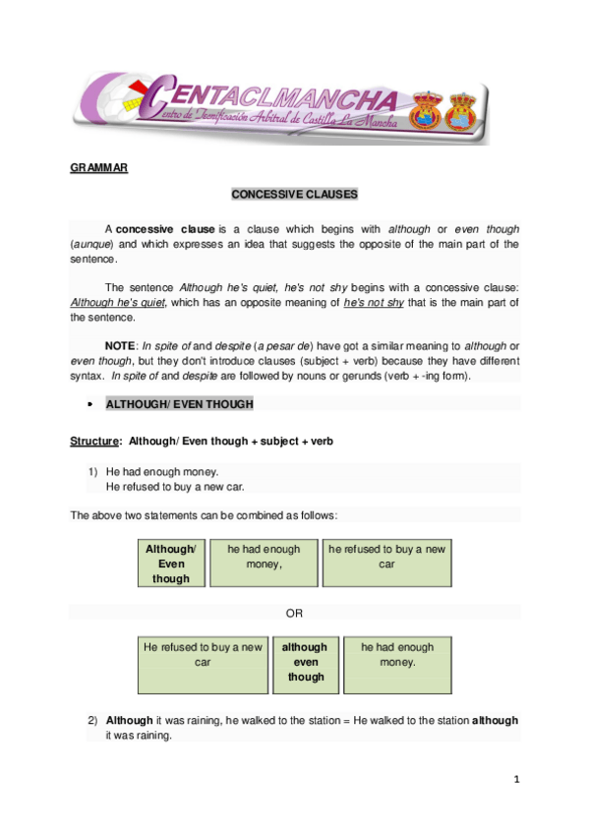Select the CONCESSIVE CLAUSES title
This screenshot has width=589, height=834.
(294, 194)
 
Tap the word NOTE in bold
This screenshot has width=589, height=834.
(121, 345)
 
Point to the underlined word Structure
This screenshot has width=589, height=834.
(95, 442)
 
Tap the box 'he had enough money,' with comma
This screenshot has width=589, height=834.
(264, 564)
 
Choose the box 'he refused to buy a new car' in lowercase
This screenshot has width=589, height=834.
(387, 564)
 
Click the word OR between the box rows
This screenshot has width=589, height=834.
(294, 613)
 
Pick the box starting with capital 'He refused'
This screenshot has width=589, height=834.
(204, 663)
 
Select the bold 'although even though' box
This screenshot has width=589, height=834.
(306, 663)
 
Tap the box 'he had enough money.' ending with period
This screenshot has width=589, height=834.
(397, 663)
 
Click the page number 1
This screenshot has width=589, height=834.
(515, 780)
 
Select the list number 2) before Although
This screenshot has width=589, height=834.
(93, 720)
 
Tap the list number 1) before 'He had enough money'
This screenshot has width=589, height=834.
(93, 471)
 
